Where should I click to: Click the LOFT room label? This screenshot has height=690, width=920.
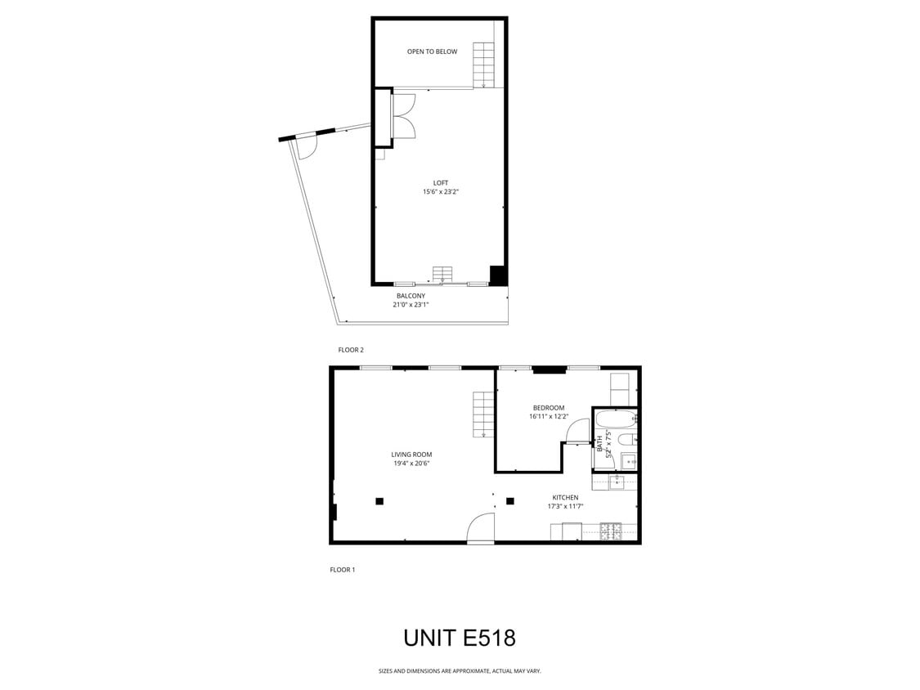440,182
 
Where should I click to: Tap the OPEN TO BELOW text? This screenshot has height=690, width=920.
432,52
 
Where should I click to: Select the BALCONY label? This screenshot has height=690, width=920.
411,296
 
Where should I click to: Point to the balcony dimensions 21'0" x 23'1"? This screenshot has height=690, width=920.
411,305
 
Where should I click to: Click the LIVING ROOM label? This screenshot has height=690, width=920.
411,455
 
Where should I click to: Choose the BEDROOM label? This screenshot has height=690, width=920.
548,408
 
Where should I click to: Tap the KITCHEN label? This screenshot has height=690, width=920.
565,497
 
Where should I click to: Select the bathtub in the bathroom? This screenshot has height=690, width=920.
615,419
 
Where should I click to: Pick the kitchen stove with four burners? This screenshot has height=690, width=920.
610,531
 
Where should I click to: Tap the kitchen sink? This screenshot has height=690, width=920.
620,481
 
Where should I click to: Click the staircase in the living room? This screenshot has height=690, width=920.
483,413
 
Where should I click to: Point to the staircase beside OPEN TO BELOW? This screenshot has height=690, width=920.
484,64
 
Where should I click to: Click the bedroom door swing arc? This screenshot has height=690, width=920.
579,429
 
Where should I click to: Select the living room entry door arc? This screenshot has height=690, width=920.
482,529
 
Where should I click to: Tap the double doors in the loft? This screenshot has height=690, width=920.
404,115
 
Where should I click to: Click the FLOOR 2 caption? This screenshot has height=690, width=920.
351,350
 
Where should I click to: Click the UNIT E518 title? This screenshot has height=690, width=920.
460,638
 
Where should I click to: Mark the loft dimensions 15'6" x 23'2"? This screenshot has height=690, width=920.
440,192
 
